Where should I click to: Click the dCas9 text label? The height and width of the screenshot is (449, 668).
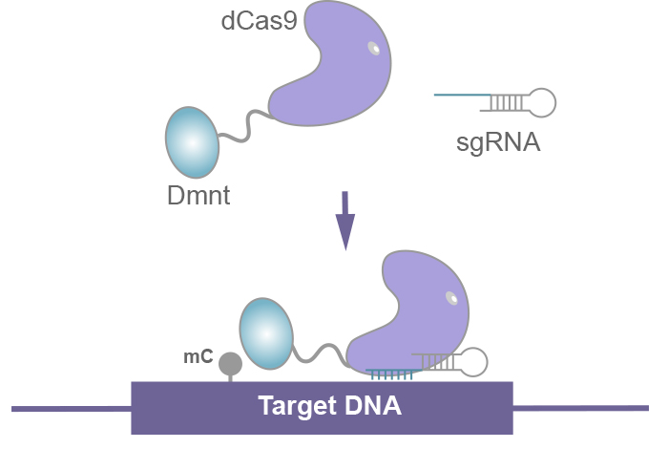pyautogui.click(x=259, y=21)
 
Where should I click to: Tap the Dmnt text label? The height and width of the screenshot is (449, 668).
pyautogui.click(x=198, y=196)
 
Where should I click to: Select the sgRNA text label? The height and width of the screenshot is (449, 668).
pyautogui.click(x=498, y=142)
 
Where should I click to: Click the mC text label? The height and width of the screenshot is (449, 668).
pyautogui.click(x=198, y=357)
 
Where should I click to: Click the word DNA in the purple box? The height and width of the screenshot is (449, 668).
pyautogui.click(x=373, y=405)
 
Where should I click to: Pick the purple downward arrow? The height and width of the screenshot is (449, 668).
pyautogui.click(x=345, y=221)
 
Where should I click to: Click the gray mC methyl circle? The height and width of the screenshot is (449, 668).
pyautogui.click(x=231, y=364)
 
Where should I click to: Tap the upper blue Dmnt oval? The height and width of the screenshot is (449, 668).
pyautogui.click(x=192, y=142)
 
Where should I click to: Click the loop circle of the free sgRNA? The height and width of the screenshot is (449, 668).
pyautogui.click(x=542, y=103)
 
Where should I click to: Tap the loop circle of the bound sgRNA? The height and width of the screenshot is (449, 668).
pyautogui.click(x=473, y=362)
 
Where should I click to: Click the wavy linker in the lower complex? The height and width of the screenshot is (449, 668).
pyautogui.click(x=320, y=353)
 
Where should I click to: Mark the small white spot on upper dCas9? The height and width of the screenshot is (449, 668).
pyautogui.click(x=374, y=48)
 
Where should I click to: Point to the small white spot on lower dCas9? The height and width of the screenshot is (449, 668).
pyautogui.click(x=451, y=298)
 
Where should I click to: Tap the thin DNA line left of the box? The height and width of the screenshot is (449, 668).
pyautogui.click(x=72, y=409)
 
